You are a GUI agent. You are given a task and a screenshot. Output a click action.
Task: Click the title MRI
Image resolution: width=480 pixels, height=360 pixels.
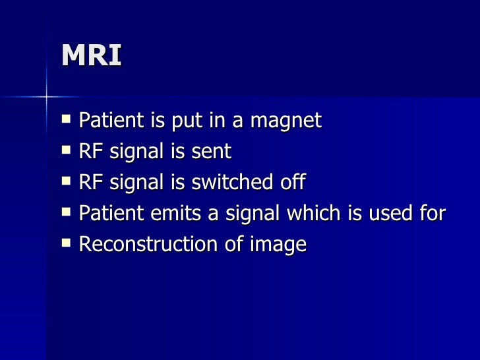tap(92, 56)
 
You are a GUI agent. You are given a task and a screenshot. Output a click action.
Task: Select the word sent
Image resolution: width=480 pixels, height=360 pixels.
tap(212, 152)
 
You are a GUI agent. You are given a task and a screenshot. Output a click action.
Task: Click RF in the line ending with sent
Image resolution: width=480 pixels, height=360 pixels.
tap(89, 152)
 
